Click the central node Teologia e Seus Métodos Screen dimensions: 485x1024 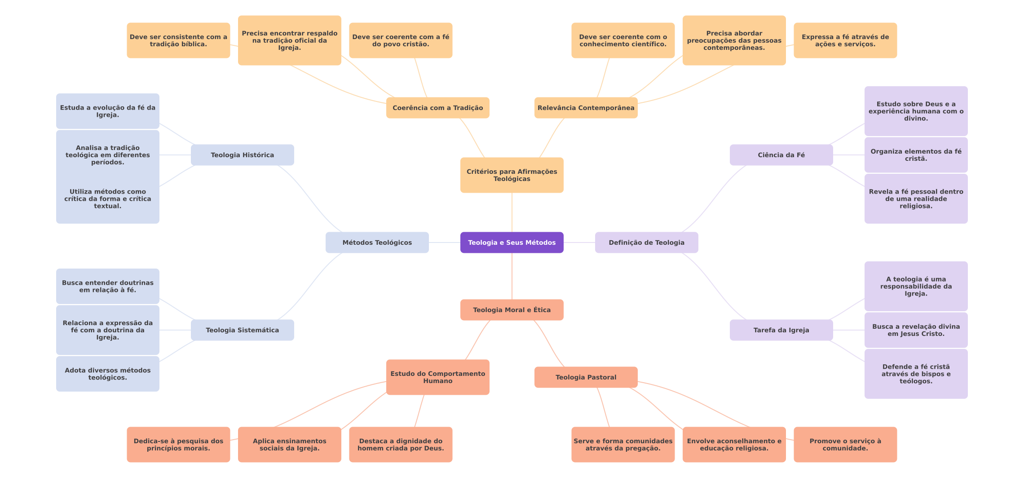[x=512, y=242]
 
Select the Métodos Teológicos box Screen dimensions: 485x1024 [x=377, y=242]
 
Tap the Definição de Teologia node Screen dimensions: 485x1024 [x=646, y=242]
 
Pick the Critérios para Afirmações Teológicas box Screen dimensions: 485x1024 [x=512, y=175]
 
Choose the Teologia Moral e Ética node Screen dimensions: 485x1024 [x=512, y=310]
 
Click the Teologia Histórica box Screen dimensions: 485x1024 [x=242, y=155]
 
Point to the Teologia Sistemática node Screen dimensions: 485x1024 [x=242, y=330]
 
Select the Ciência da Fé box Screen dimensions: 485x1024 [x=781, y=155]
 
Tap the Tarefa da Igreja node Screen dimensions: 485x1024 [x=781, y=330]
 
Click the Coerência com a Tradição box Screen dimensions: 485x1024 [x=437, y=108]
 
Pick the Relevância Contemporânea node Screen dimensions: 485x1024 [x=586, y=108]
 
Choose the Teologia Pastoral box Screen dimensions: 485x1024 [x=586, y=377]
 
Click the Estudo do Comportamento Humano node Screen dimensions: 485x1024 [x=437, y=377]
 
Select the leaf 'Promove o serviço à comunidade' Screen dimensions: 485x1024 [x=845, y=445]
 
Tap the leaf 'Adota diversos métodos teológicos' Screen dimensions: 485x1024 [x=107, y=374]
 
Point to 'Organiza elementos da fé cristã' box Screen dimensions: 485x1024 [x=916, y=155]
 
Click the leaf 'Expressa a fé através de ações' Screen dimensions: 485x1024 [x=845, y=40]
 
